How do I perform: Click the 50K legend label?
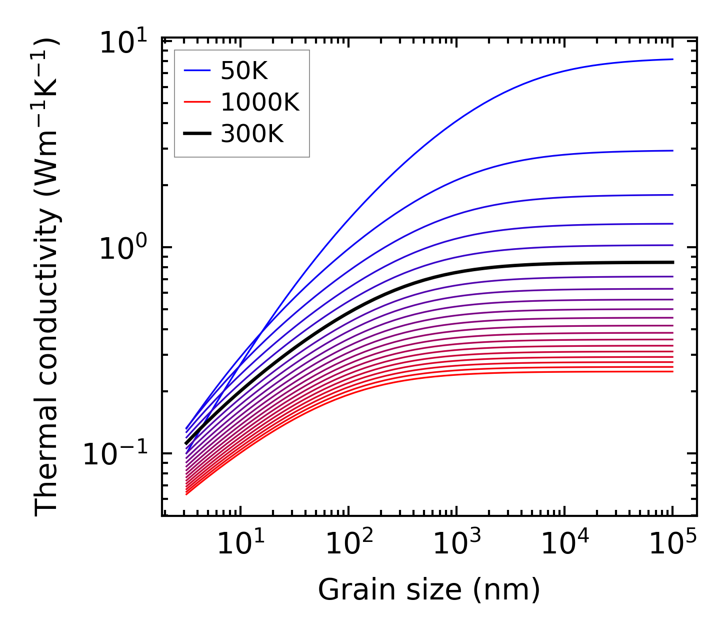click(x=244, y=72)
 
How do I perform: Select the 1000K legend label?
click(x=260, y=103)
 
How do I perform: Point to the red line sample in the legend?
click(x=197, y=103)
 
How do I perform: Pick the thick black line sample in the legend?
click(x=197, y=134)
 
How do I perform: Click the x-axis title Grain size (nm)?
click(x=429, y=590)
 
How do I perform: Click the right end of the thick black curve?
click(x=673, y=262)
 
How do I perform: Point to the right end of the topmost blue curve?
click(x=673, y=59)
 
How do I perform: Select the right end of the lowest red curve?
click(x=673, y=371)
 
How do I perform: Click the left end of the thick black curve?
click(x=186, y=443)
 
